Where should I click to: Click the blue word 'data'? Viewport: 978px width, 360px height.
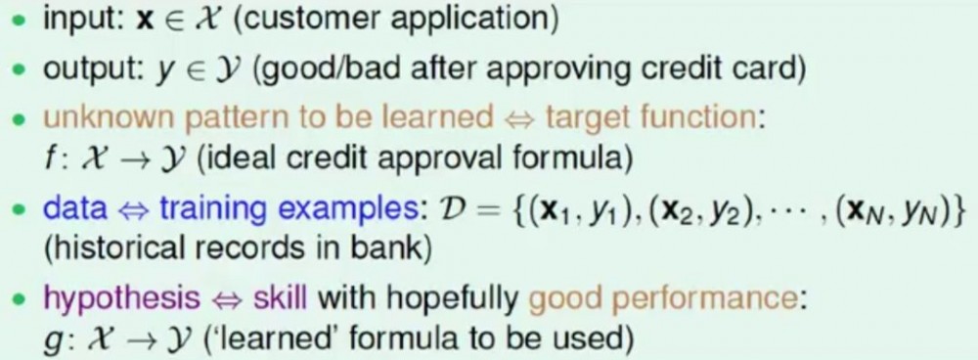(75, 207)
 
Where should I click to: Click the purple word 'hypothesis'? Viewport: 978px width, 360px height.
(121, 298)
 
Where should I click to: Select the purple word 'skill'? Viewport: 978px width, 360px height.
(280, 297)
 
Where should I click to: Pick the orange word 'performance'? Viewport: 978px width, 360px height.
(710, 299)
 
